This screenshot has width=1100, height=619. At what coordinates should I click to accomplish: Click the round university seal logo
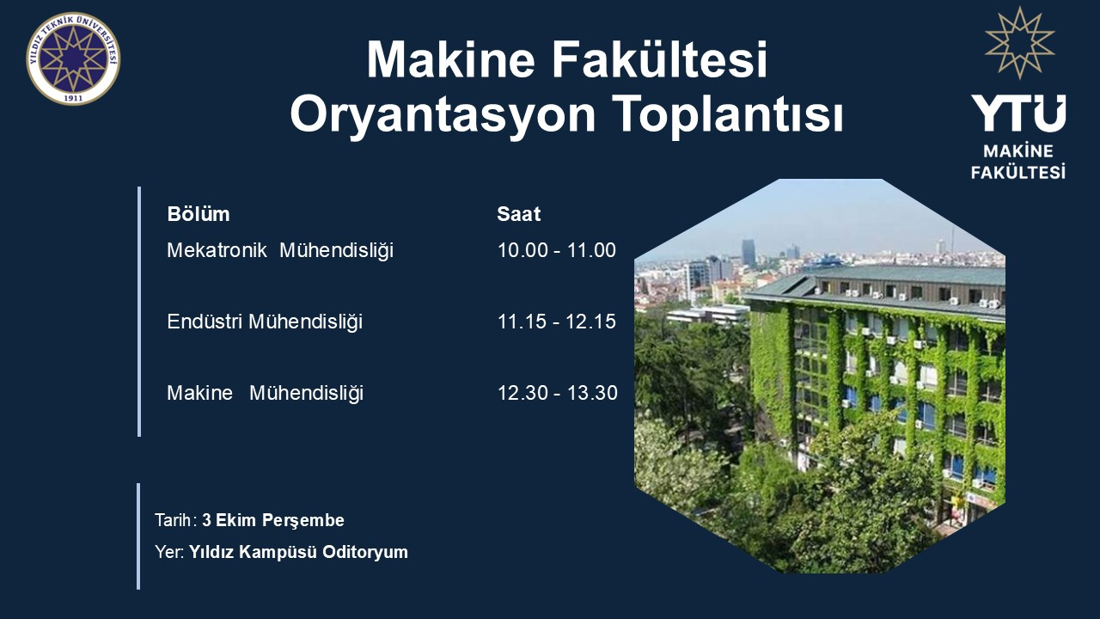point(73,58)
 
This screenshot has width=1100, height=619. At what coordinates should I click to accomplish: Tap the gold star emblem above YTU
point(1019,43)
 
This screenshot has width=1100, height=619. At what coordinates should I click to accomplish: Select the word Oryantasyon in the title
point(443,115)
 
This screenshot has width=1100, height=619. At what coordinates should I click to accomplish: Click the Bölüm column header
point(199,214)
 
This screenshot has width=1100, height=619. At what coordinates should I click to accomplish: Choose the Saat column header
point(518,214)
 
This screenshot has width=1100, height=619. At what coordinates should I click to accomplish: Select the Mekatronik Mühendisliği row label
point(280,250)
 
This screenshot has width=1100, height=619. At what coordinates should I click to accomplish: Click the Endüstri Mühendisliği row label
point(265,322)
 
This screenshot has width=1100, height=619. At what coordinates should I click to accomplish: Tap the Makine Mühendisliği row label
point(266,393)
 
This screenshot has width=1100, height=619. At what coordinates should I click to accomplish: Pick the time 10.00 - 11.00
point(557,250)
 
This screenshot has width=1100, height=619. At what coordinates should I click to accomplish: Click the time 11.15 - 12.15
point(557,322)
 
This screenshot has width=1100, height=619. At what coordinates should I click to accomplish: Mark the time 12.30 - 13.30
point(558,393)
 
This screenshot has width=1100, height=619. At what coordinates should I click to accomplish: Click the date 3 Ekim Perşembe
point(273,520)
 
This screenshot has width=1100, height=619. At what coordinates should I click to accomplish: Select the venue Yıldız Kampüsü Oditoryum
point(298,552)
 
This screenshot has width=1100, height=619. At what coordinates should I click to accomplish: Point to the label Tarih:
point(176,520)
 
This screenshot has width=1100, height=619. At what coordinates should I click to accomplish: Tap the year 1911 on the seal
point(73,98)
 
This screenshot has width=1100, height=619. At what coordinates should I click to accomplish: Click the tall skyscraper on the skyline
point(749,253)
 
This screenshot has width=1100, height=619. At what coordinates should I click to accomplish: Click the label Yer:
point(169,552)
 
